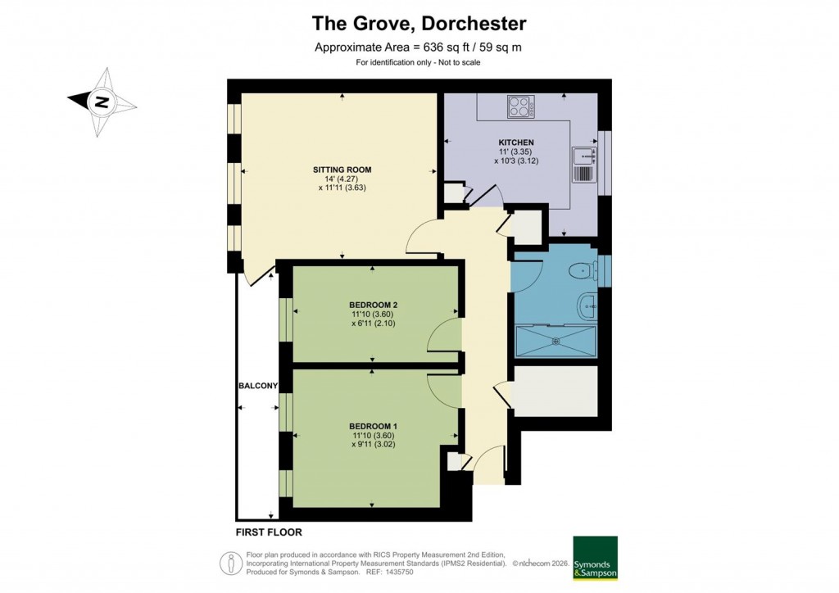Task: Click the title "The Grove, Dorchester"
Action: click(419, 23)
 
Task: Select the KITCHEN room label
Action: click(515, 143)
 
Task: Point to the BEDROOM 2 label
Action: click(373, 305)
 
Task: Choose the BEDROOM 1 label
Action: click(373, 426)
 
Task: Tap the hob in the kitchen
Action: click(519, 106)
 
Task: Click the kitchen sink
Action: click(583, 164)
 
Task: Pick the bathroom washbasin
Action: click(587, 306)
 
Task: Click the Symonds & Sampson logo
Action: click(594, 559)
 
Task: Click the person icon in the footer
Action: click(231, 564)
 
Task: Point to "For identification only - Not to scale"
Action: click(418, 63)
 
